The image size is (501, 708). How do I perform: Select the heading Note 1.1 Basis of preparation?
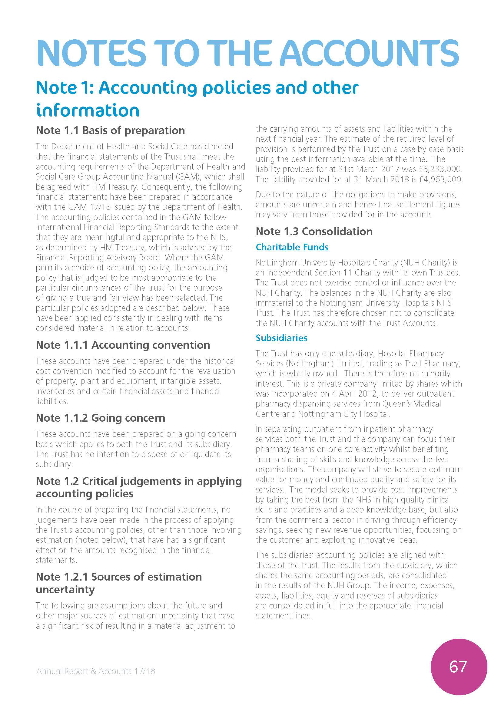110,130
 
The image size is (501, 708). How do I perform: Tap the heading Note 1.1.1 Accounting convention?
123,345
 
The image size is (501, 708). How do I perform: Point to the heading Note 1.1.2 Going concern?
100,418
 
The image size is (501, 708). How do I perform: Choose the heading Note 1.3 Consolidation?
314,231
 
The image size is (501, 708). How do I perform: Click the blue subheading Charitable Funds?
292,247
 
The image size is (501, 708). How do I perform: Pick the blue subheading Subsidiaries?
281,338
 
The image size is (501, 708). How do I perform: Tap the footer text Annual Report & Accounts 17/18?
96,671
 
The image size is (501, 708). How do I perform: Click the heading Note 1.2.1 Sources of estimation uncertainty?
119,583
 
